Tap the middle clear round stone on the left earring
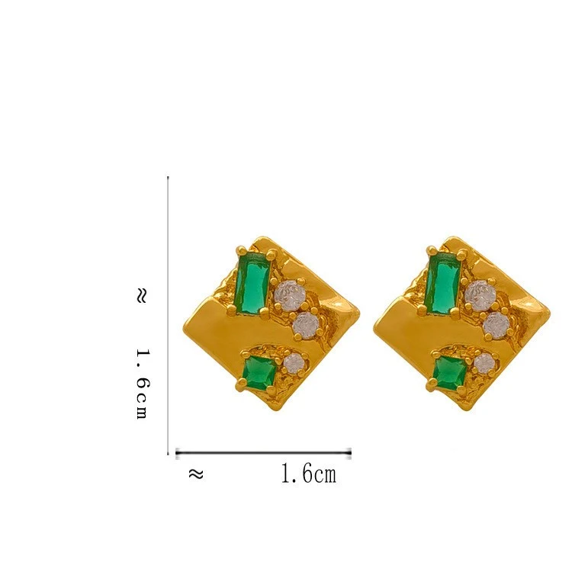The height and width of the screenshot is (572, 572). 307,326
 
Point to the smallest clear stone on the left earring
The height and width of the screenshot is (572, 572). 294,363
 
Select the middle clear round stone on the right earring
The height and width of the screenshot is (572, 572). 496,326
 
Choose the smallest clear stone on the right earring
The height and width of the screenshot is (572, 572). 485,363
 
